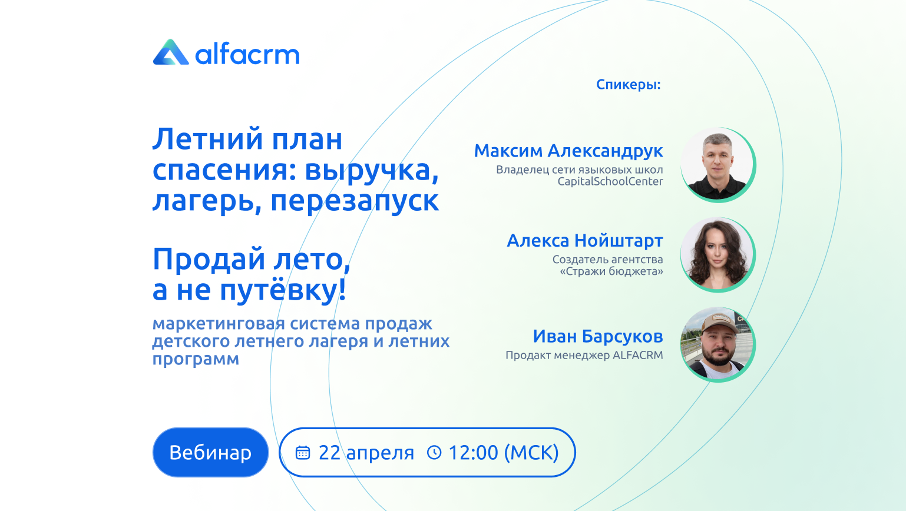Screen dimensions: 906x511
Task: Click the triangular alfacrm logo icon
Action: (x=171, y=52)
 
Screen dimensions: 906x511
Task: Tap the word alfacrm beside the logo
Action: (x=247, y=54)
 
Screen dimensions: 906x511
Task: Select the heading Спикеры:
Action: (x=629, y=85)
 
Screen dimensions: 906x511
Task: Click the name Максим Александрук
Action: (x=568, y=151)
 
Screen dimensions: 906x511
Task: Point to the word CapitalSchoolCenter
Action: (x=610, y=181)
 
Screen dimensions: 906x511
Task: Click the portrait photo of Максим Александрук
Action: (x=717, y=164)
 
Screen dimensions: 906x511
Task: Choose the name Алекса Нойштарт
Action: (x=585, y=241)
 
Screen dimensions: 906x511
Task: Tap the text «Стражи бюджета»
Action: (x=611, y=271)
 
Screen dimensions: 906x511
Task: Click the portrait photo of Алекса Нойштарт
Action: (x=717, y=254)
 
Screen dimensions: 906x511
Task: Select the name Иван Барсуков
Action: (x=598, y=336)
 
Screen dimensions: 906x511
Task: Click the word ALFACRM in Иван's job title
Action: (x=638, y=356)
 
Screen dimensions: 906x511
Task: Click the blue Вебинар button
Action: (x=210, y=452)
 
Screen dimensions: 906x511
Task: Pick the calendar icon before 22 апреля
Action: (x=303, y=453)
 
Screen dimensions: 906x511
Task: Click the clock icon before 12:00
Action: (x=434, y=452)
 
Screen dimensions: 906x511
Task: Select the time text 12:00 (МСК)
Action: (x=504, y=453)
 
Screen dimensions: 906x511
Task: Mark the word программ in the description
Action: (x=196, y=359)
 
